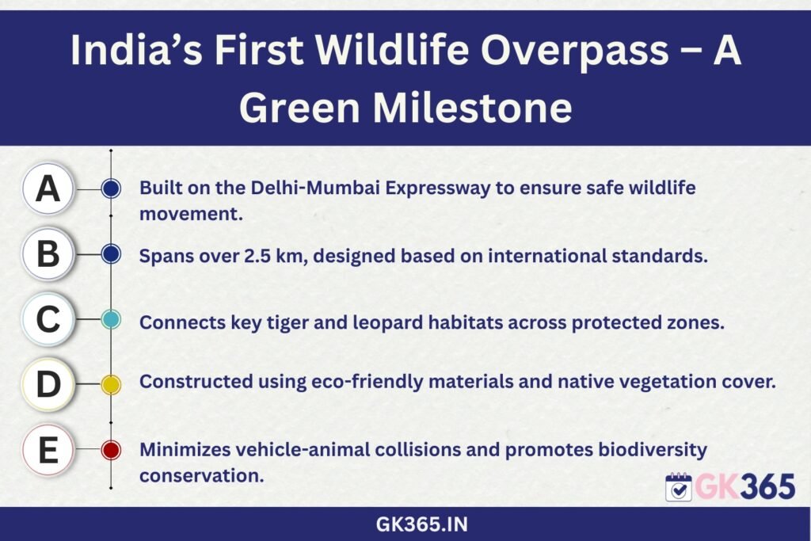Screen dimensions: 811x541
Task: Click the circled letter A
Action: click(48, 189)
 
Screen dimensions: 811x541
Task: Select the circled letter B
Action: click(48, 254)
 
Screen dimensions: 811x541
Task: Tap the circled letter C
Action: click(48, 319)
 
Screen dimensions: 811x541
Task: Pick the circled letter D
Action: click(48, 384)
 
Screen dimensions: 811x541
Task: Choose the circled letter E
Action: click(48, 449)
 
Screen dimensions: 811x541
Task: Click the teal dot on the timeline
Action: click(111, 320)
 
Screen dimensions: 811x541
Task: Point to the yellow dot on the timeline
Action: click(111, 384)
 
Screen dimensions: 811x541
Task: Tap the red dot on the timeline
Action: click(111, 450)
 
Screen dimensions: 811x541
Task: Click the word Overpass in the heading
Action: click(575, 51)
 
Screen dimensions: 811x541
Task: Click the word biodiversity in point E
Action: click(653, 450)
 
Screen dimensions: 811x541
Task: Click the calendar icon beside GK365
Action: click(679, 486)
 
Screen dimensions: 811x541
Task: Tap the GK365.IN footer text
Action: click(421, 524)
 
